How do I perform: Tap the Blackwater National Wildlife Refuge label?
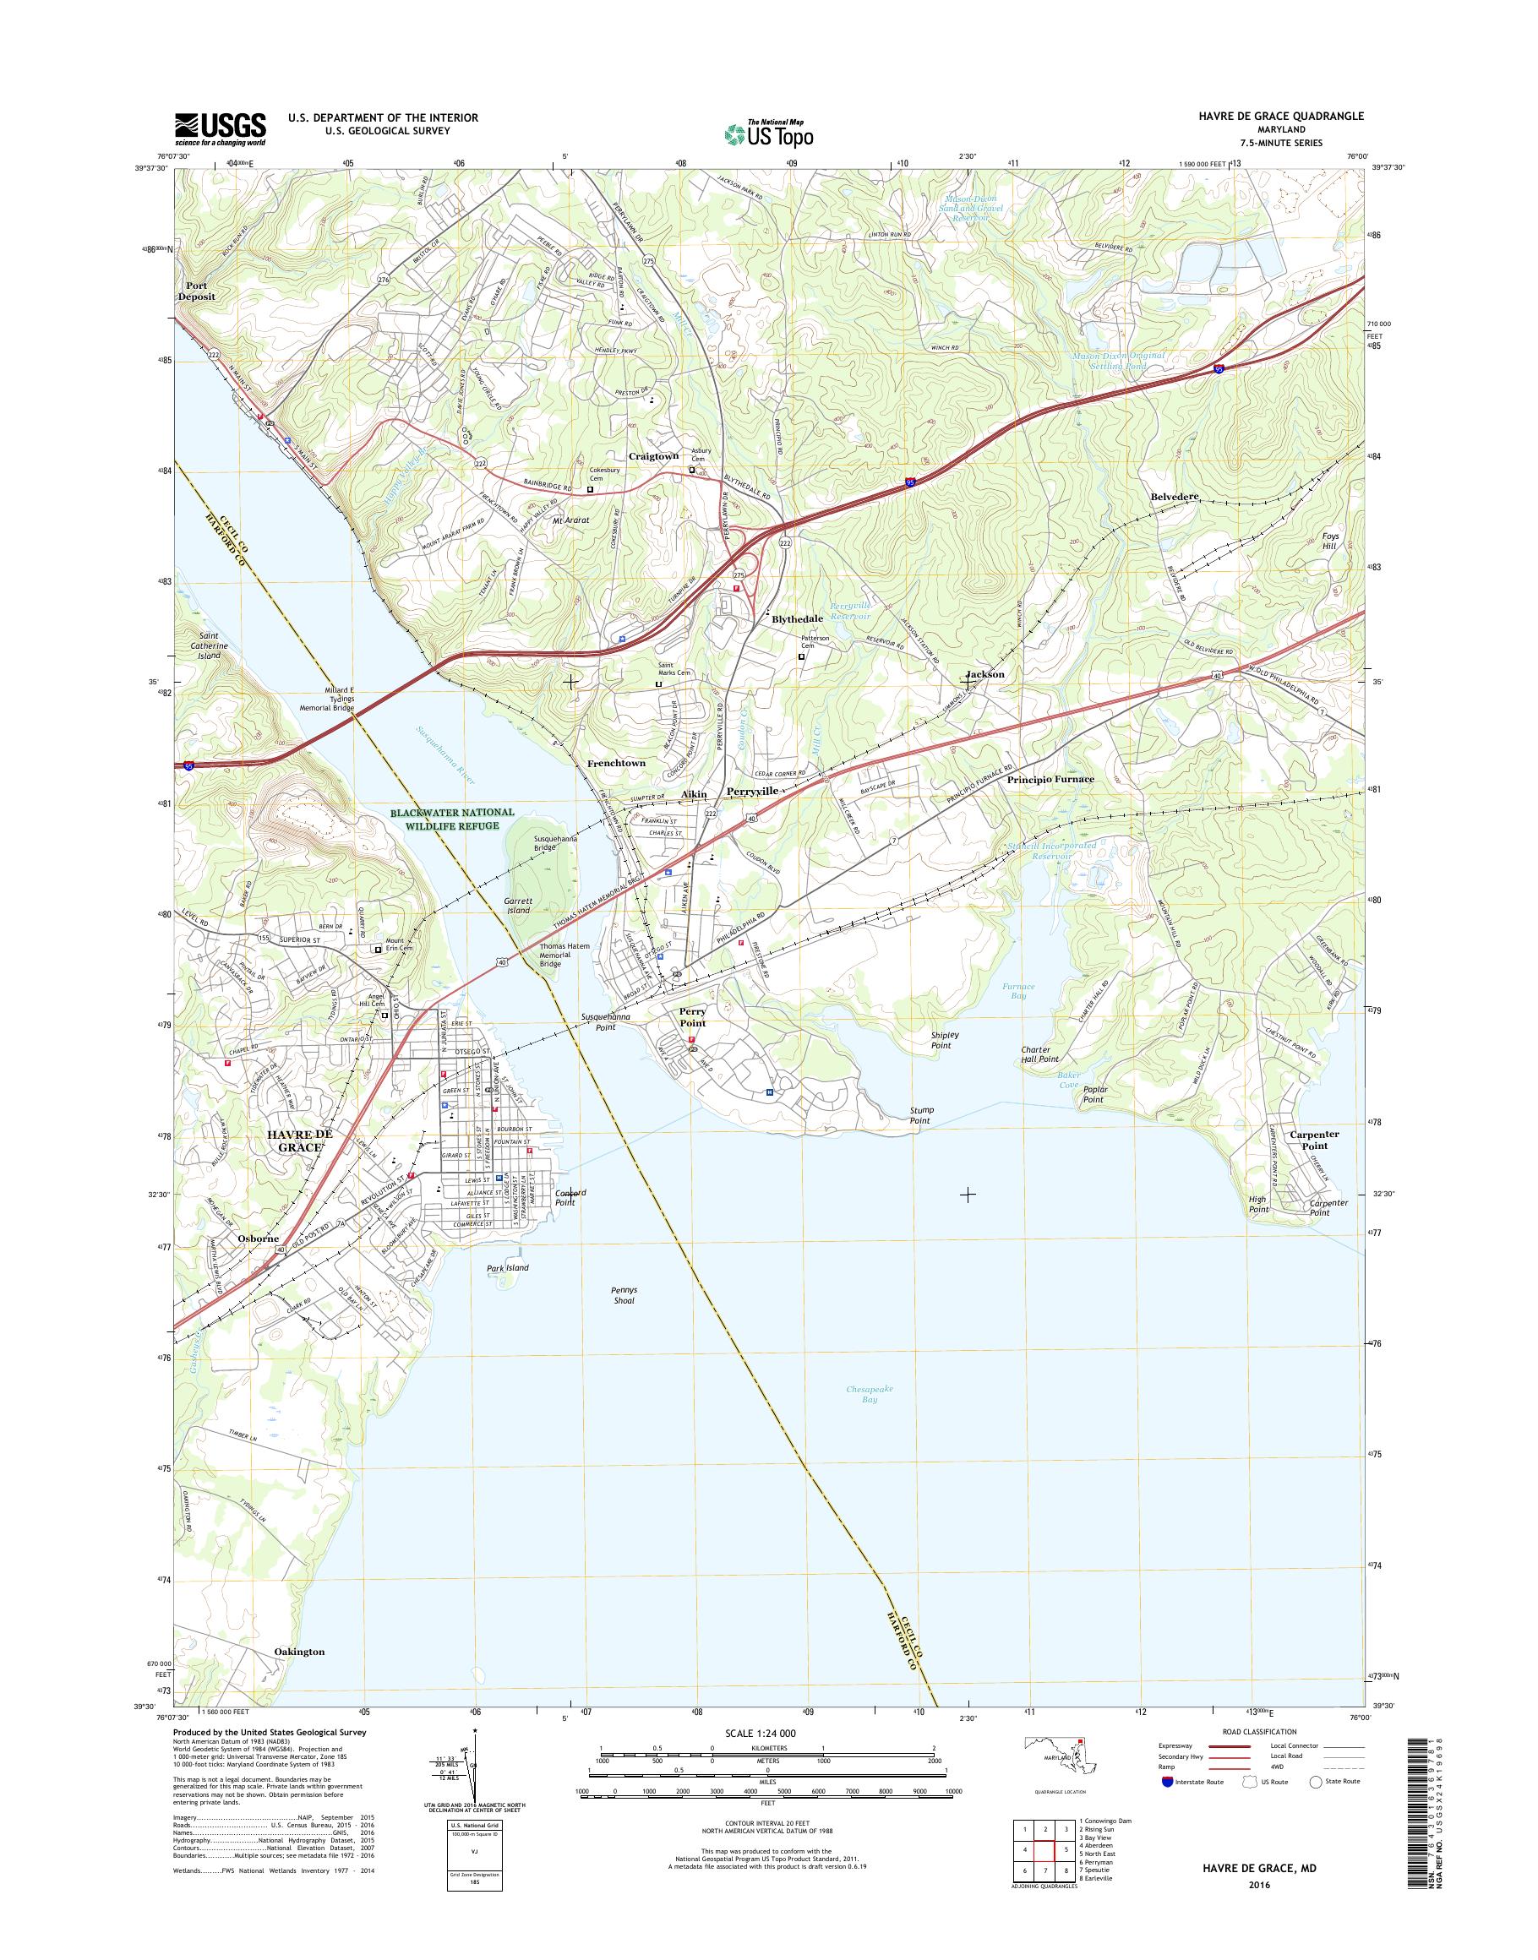[453, 819]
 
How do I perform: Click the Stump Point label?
[920, 1115]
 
